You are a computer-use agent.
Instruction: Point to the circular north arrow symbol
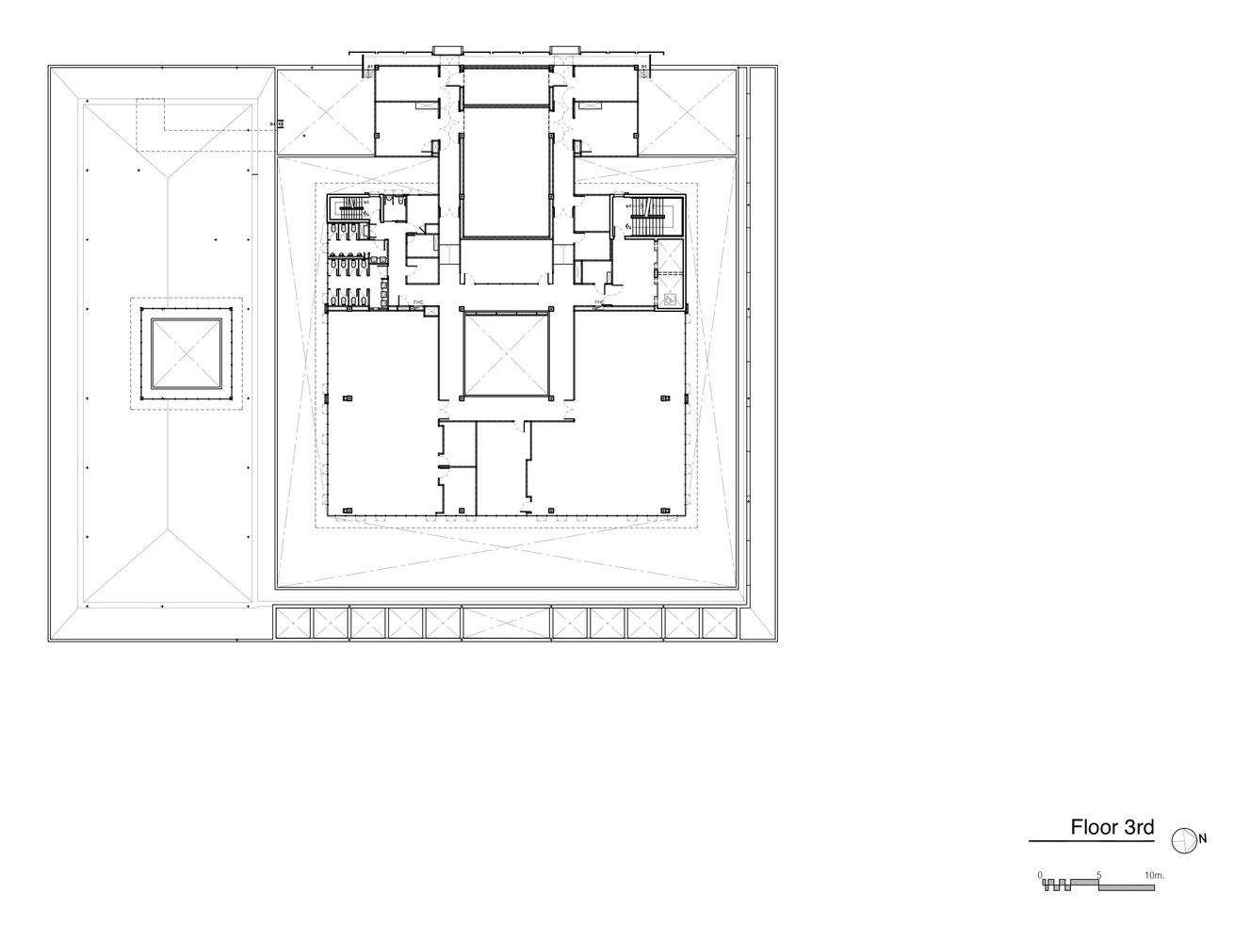pyautogui.click(x=1183, y=838)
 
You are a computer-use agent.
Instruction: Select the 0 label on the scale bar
pyautogui.click(x=1041, y=875)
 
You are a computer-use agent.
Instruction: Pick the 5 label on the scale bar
pyautogui.click(x=1099, y=875)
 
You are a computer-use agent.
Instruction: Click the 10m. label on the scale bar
pyautogui.click(x=1155, y=875)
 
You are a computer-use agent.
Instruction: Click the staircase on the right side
pyautogui.click(x=647, y=218)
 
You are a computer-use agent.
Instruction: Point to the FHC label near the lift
pyautogui.click(x=599, y=301)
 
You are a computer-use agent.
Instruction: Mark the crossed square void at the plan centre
pyautogui.click(x=507, y=356)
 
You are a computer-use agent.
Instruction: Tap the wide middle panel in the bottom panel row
pyautogui.click(x=507, y=624)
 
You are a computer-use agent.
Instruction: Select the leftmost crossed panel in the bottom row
pyautogui.click(x=292, y=624)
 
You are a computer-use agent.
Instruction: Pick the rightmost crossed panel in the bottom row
pyautogui.click(x=720, y=624)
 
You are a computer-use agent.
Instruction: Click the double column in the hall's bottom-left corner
pyautogui.click(x=348, y=510)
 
